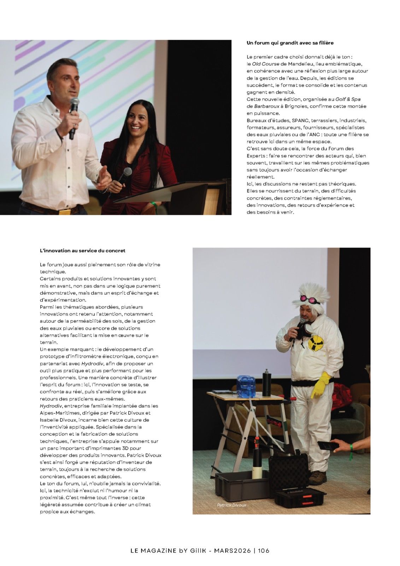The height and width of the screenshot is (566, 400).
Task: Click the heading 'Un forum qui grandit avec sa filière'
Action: click(x=290, y=43)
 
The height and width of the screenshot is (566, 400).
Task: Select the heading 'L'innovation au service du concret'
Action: click(x=82, y=251)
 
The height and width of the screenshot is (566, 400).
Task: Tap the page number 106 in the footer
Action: click(x=264, y=550)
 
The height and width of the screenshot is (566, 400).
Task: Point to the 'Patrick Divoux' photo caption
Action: click(x=231, y=505)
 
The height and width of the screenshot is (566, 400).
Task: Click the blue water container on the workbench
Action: click(x=246, y=386)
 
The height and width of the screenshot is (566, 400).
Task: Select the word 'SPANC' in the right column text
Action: click(x=300, y=121)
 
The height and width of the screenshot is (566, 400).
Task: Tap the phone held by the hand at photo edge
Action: click(x=326, y=446)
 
